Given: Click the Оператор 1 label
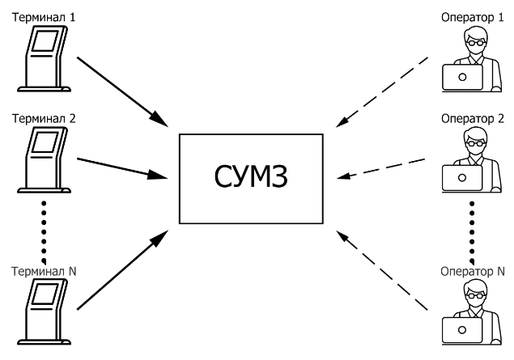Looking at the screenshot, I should [x=466, y=15].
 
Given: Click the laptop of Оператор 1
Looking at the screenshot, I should [x=462, y=78].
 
